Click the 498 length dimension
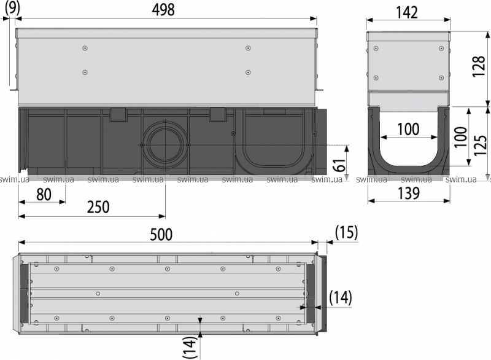point(163,10)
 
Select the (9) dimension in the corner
point(12,7)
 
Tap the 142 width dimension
point(407,12)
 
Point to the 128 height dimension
point(479,66)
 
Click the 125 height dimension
point(480,146)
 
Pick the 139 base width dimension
point(408,193)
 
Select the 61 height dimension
point(340,164)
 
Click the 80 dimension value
point(44,194)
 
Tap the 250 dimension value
point(98,207)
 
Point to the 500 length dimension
point(161,234)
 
